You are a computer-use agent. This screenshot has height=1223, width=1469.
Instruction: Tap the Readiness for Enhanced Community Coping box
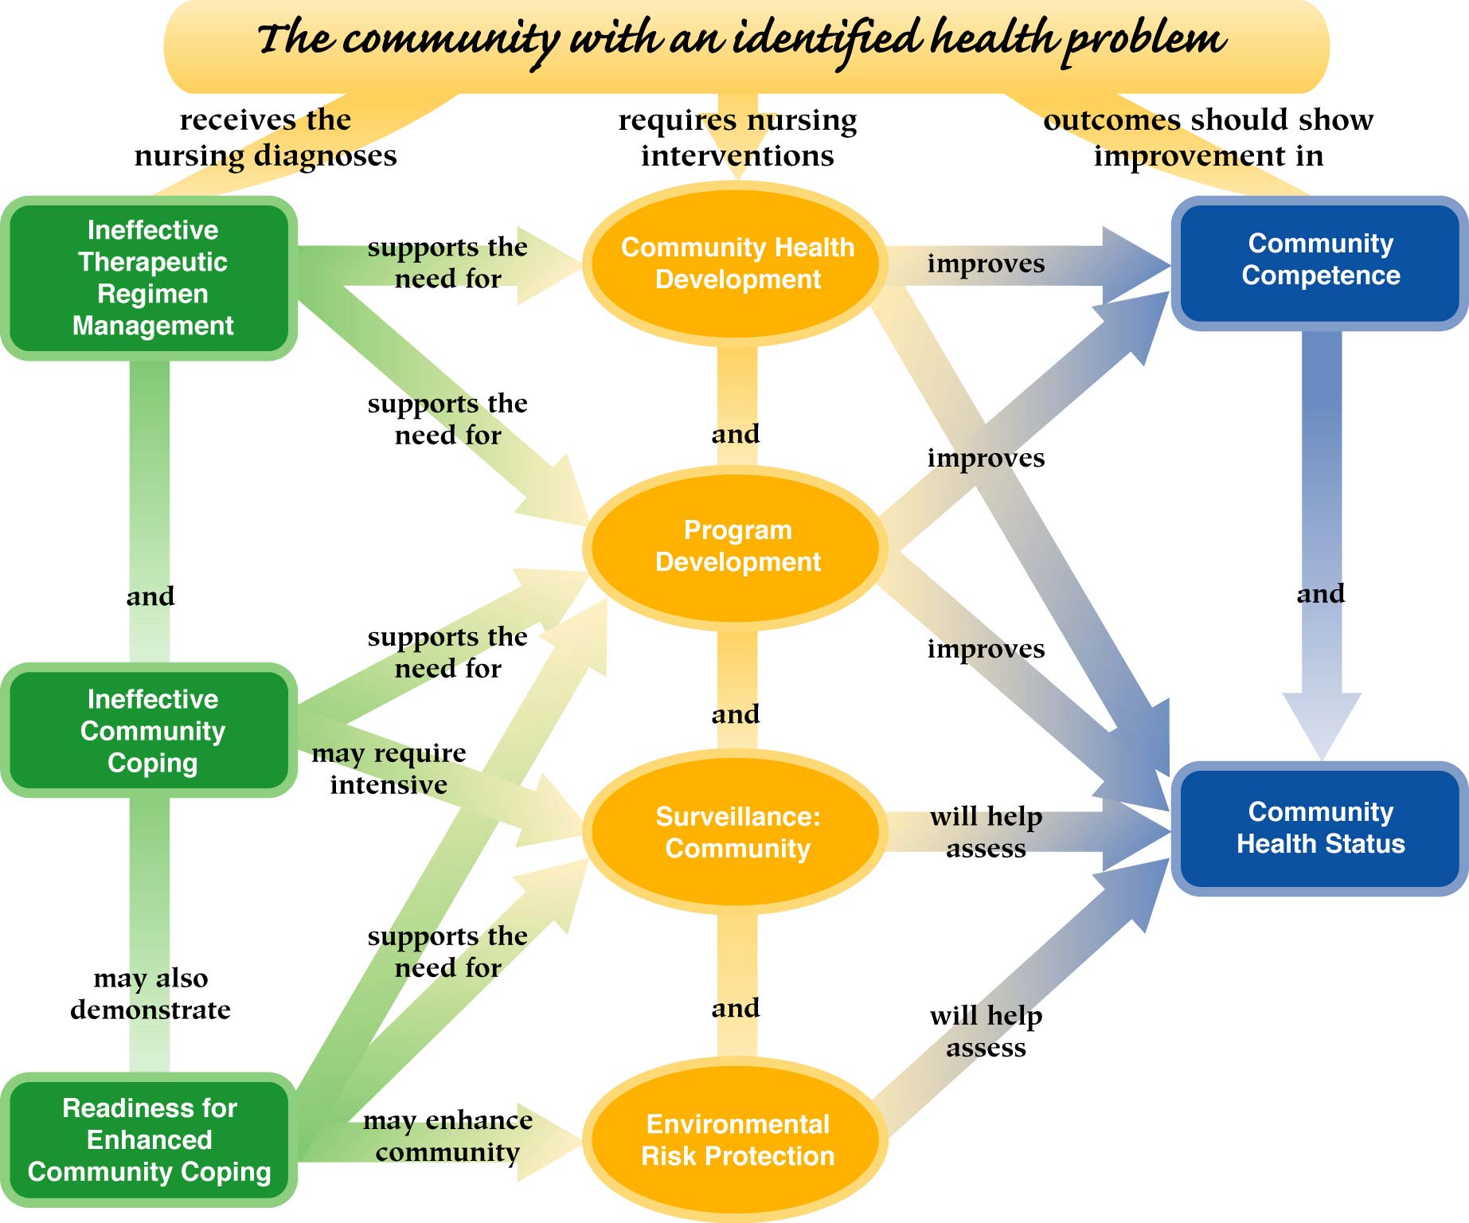point(150,1139)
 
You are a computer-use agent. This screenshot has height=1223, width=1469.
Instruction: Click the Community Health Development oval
point(737,264)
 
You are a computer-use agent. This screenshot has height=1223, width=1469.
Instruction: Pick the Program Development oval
point(737,546)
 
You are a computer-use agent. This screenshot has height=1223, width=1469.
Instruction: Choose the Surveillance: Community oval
point(737,832)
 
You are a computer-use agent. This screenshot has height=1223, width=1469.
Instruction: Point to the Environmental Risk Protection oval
point(737,1139)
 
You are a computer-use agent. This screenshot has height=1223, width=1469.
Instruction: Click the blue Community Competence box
point(1320,260)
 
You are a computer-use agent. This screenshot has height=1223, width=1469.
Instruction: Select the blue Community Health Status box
point(1320,827)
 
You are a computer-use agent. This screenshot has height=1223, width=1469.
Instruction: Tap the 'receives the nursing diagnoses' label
point(265,137)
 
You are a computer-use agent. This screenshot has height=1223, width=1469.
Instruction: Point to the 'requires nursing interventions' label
point(737,137)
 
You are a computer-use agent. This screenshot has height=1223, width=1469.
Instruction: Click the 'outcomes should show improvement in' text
point(1208,137)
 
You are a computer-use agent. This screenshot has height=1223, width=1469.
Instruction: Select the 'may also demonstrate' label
point(150,993)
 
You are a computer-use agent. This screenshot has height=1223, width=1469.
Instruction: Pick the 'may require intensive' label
point(389,768)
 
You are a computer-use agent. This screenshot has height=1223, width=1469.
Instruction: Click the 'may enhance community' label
point(447,1135)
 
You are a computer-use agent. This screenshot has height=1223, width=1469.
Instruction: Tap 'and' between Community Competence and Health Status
point(1321,593)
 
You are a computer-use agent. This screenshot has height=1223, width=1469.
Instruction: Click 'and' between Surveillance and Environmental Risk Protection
point(736,1008)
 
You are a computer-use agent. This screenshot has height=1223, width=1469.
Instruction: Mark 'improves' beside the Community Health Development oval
point(986,264)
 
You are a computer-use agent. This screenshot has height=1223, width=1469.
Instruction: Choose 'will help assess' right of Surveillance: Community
point(986,832)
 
